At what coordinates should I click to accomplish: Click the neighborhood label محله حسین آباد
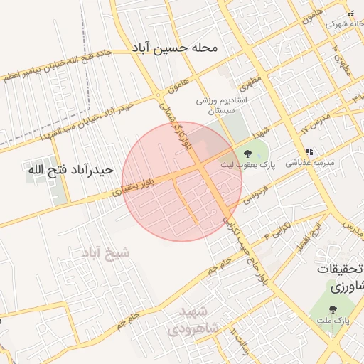click(176, 48)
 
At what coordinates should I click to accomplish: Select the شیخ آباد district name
click(107, 253)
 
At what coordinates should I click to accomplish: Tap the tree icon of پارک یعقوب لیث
click(247, 154)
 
